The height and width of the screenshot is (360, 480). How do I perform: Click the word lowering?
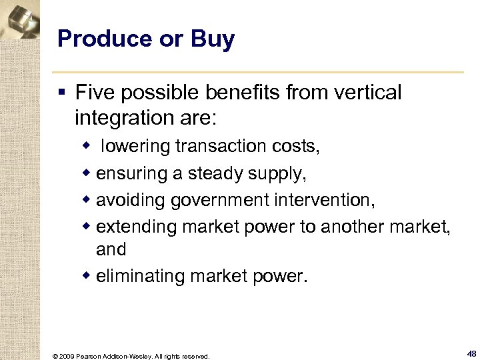tap(137, 146)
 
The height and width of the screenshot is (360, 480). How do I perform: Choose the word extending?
tap(136, 227)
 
